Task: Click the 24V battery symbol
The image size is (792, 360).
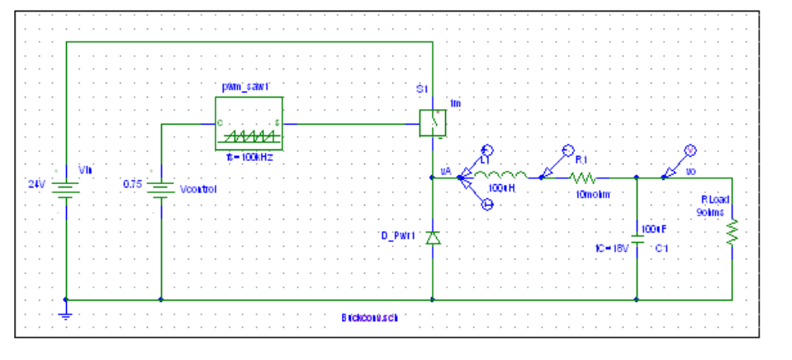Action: (64, 189)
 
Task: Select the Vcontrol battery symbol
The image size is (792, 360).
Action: (160, 189)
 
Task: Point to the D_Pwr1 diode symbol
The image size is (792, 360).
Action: (433, 238)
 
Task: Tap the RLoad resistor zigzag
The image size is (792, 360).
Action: (732, 234)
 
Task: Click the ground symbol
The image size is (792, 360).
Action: (65, 314)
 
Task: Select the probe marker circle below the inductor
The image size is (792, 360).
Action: (488, 205)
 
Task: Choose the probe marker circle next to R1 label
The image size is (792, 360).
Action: (567, 150)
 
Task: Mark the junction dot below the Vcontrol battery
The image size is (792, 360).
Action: (160, 300)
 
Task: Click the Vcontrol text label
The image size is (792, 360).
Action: (198, 189)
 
